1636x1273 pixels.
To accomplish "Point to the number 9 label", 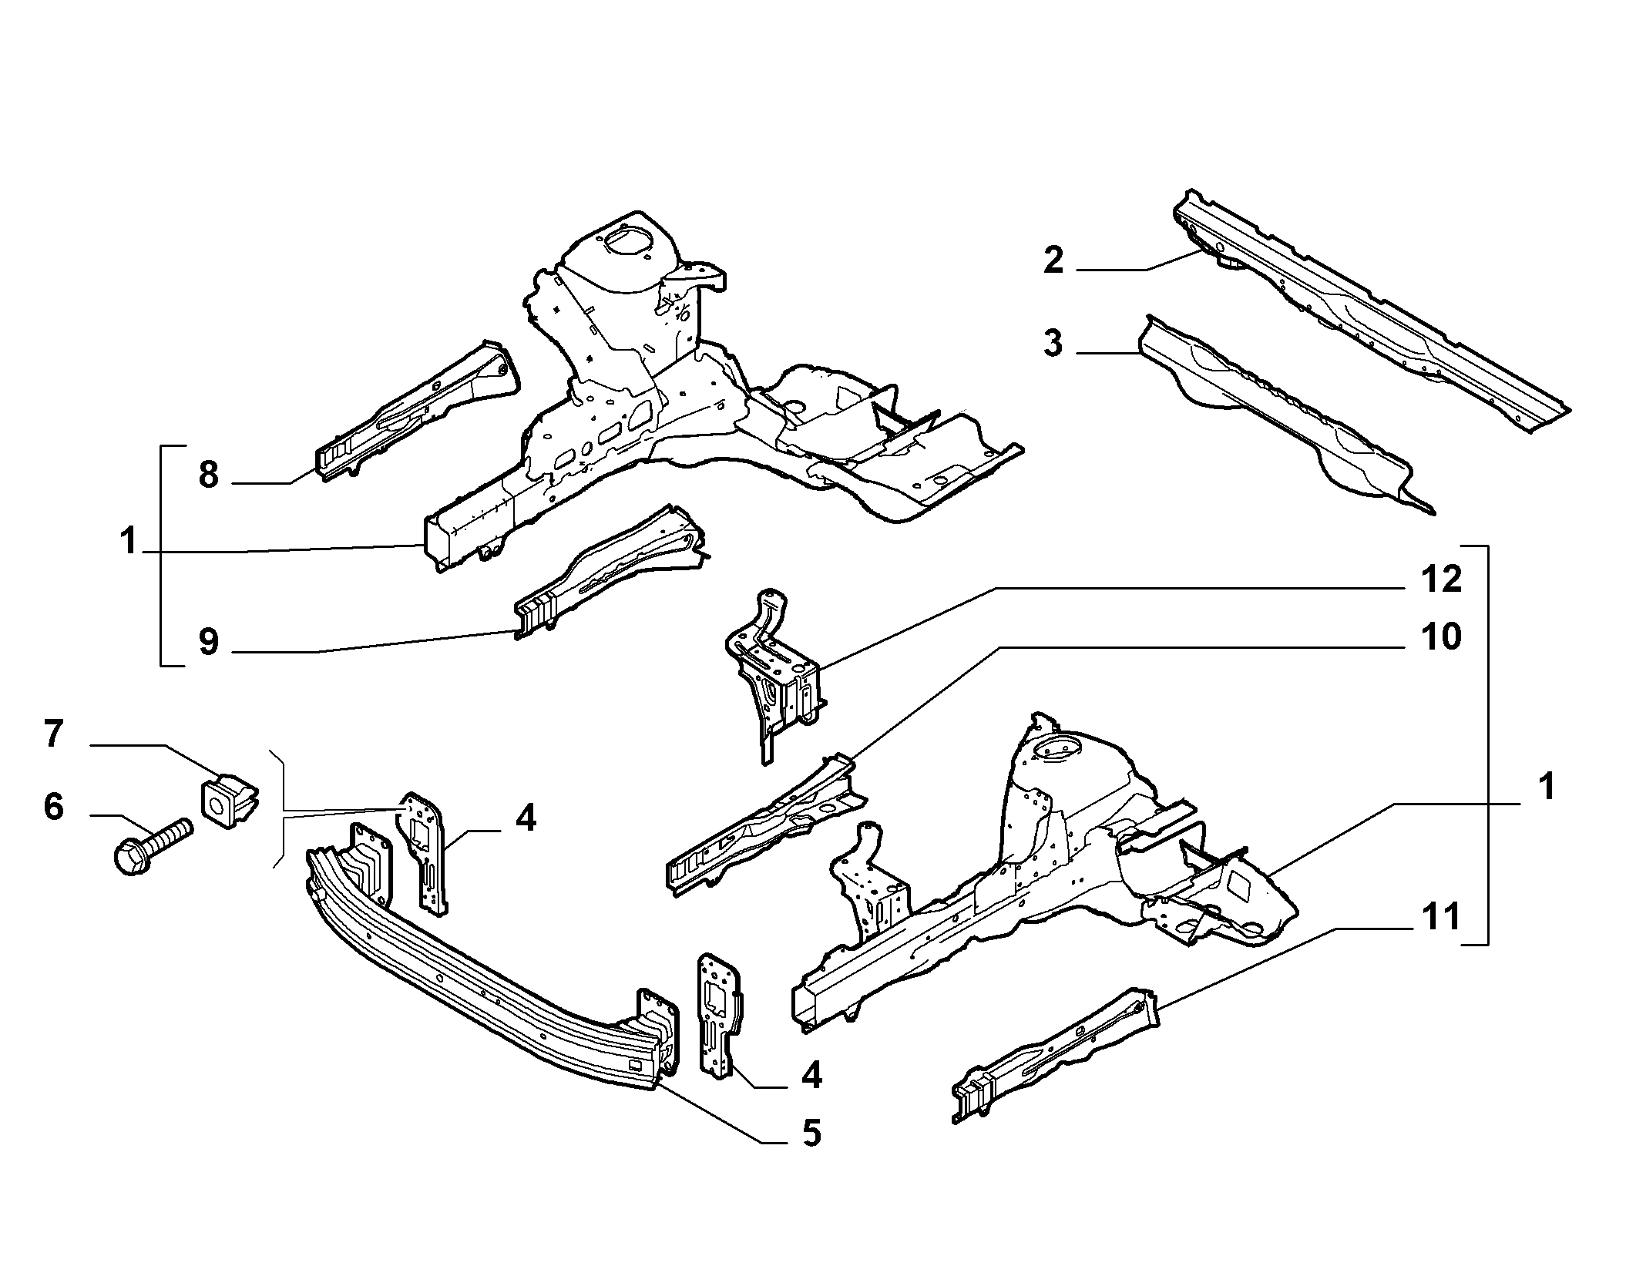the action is (x=208, y=642).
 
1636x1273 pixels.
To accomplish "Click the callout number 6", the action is (x=52, y=807).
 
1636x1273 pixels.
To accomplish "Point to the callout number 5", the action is (x=811, y=1133).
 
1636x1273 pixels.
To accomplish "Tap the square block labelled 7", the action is (x=230, y=800).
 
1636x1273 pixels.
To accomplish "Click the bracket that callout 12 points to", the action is (x=774, y=666).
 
